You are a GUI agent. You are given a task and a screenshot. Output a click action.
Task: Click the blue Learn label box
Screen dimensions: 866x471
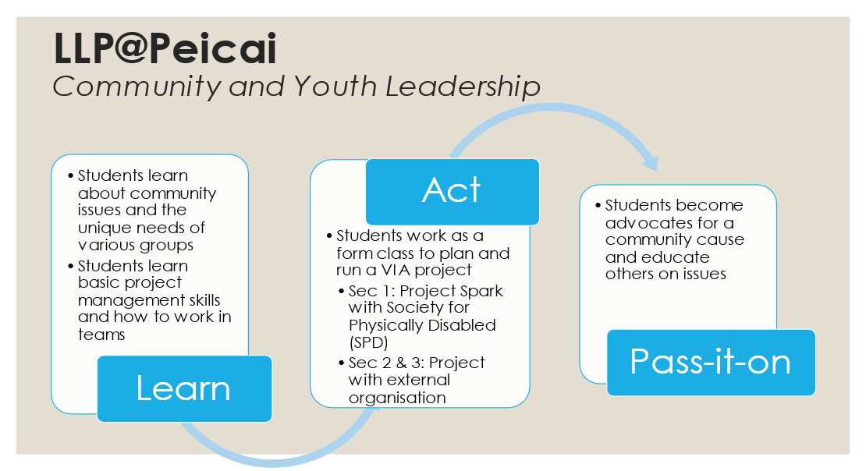(184, 388)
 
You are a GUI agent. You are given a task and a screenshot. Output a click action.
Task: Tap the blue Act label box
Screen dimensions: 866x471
(453, 192)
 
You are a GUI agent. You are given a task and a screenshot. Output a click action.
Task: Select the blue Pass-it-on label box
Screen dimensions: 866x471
(711, 363)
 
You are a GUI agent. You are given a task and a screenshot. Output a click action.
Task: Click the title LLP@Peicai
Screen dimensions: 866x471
(165, 48)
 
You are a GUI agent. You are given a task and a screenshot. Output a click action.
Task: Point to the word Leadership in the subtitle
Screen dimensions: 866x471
(463, 87)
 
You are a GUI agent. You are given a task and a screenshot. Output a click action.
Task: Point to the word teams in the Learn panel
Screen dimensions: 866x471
(101, 335)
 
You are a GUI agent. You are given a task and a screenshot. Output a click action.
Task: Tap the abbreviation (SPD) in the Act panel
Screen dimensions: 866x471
(368, 342)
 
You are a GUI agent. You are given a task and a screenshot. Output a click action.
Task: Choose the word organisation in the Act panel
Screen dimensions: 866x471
(397, 398)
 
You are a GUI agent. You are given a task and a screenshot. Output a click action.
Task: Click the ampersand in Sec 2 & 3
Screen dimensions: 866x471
(401, 363)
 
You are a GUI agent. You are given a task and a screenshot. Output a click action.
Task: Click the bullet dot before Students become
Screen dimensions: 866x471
(598, 205)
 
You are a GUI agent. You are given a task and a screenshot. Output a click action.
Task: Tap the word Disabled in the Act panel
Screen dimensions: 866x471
(461, 325)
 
